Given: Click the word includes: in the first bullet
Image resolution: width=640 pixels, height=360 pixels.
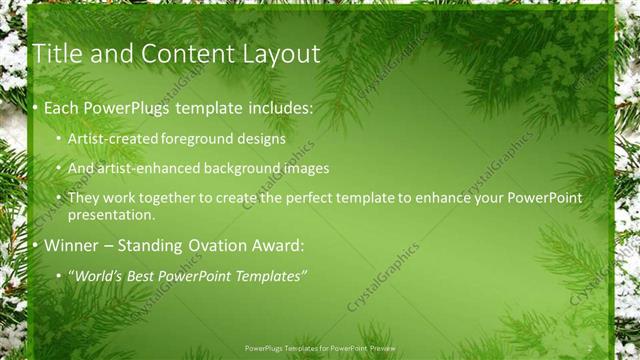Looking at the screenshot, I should (x=275, y=106).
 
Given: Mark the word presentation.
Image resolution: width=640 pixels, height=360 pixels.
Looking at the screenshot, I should (x=111, y=215).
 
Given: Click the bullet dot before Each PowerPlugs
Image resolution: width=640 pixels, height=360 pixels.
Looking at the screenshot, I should (x=36, y=106).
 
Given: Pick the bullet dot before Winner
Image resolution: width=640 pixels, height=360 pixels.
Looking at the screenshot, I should (x=36, y=246).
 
